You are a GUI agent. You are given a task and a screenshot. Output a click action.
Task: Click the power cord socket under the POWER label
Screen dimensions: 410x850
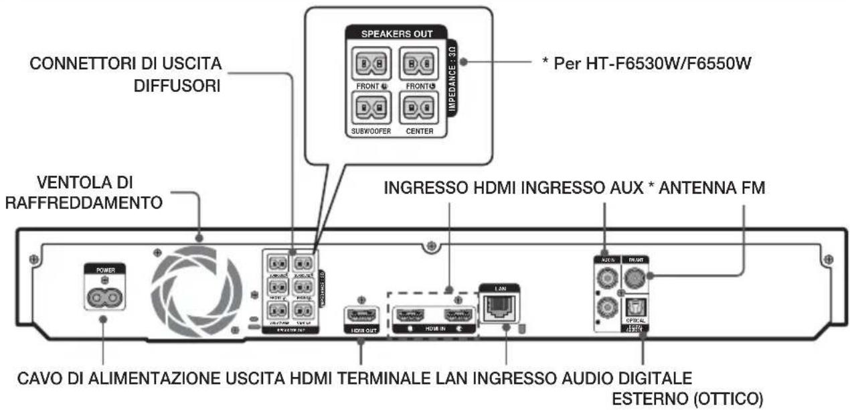(103, 293)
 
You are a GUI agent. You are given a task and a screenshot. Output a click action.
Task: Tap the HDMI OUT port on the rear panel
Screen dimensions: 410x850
(361, 314)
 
